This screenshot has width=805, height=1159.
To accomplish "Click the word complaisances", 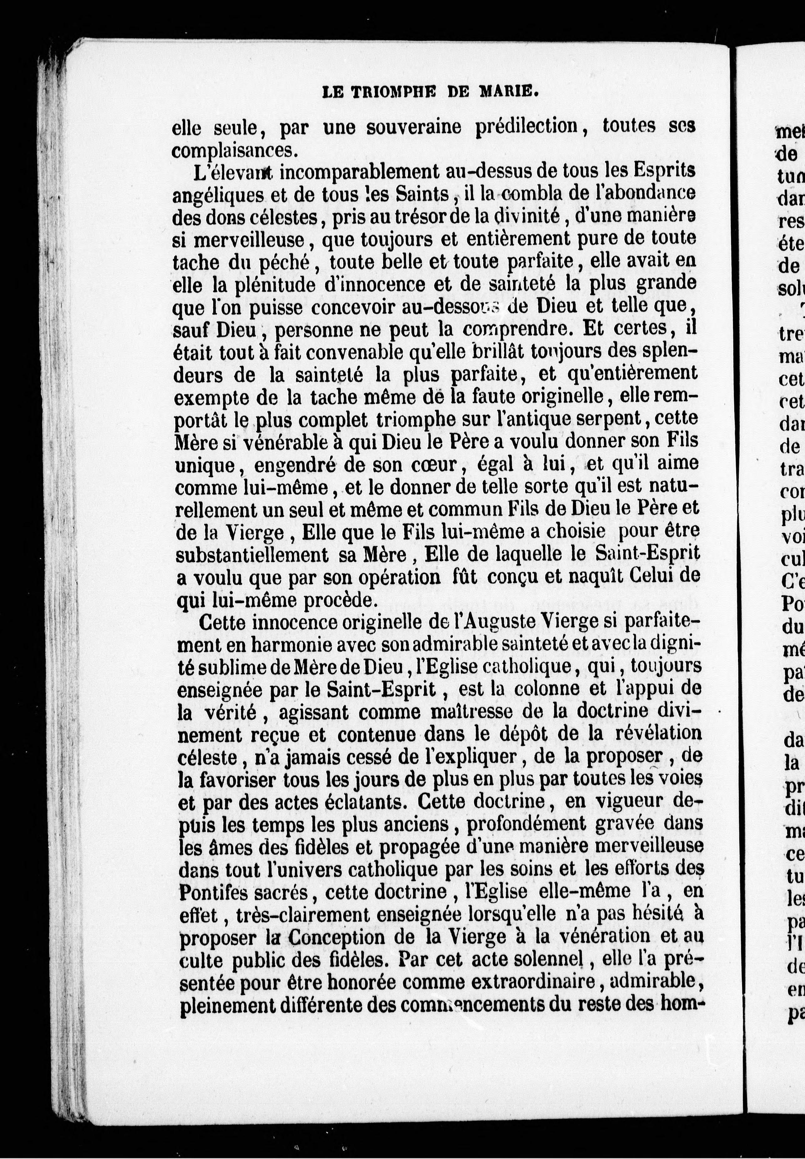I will (232, 150).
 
